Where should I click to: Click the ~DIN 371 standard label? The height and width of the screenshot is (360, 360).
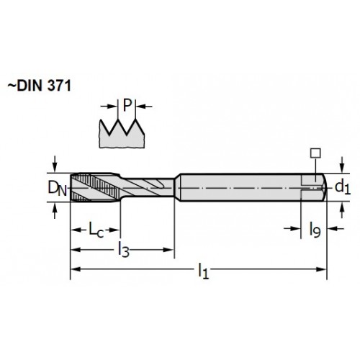(40, 86)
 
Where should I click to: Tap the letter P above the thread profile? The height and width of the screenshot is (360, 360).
(127, 105)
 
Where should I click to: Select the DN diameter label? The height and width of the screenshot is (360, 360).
(58, 188)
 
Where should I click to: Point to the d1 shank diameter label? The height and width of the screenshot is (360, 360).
(343, 187)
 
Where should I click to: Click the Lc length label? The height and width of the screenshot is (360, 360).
(96, 230)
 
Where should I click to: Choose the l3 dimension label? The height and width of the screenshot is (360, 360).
(124, 250)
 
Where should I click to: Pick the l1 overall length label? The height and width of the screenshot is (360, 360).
(203, 271)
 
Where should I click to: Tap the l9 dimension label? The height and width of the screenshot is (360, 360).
(315, 230)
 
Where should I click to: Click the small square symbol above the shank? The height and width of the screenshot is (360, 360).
(315, 153)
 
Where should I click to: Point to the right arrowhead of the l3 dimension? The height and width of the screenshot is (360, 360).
(168, 250)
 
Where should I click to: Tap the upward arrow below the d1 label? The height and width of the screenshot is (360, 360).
(342, 210)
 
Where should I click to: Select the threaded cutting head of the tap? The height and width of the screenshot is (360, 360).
(95, 187)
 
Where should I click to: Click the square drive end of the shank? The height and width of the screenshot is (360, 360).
(314, 187)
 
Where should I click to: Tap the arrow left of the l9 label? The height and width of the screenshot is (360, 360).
(292, 228)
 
